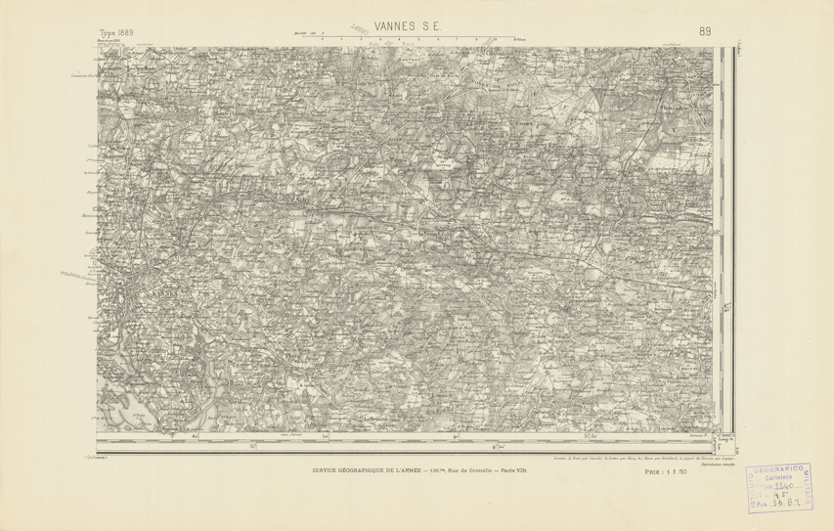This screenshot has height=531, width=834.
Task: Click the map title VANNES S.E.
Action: [x=400, y=26]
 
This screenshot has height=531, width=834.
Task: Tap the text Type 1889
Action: [x=116, y=32]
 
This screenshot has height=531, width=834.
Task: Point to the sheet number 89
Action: [x=705, y=31]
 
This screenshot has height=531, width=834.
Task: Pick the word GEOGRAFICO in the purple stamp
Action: [x=780, y=468]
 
